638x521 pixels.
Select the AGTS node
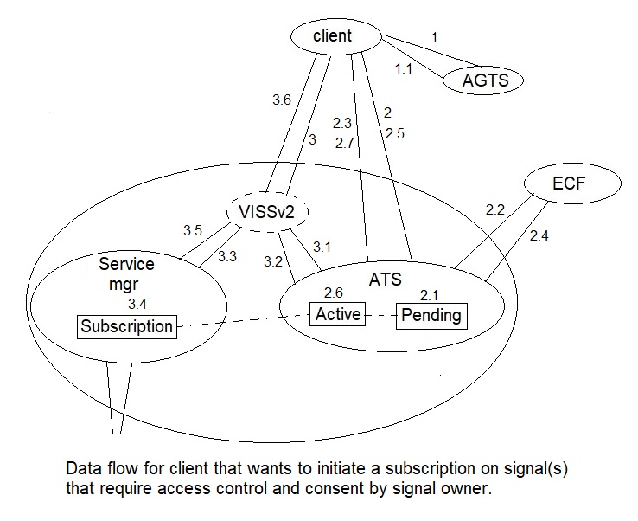[482, 80]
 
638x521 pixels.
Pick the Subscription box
[127, 326]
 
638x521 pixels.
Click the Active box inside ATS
[338, 314]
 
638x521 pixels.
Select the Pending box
[431, 316]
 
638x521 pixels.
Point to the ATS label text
[386, 280]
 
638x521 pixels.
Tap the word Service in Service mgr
[126, 264]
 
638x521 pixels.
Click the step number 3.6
[282, 100]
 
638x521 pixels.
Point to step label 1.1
[404, 69]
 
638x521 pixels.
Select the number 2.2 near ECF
[495, 209]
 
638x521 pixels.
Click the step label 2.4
[539, 235]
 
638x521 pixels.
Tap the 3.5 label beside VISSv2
[193, 230]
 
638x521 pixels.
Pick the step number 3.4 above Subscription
[137, 304]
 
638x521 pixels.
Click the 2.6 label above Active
[334, 293]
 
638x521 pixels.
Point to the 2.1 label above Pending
[430, 295]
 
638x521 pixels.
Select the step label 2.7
[345, 143]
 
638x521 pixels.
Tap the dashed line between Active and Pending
[381, 315]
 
